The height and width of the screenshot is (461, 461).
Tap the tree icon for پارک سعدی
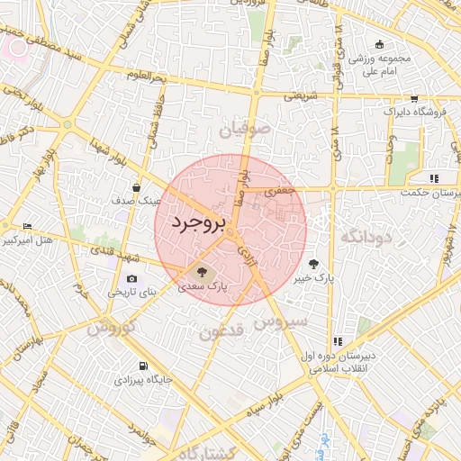[201, 269]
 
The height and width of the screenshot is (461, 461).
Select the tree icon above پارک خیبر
[313, 264]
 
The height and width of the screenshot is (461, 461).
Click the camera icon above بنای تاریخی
[132, 279]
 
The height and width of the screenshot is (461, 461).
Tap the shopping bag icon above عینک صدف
[135, 187]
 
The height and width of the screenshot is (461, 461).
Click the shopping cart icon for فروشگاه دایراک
[413, 98]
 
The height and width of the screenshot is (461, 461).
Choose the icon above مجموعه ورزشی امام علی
[379, 45]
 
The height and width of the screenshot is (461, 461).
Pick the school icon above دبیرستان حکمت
[434, 178]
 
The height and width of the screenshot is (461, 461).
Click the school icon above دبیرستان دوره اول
[338, 341]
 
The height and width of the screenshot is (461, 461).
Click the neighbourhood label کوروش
[111, 328]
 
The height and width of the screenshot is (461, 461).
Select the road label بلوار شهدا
[107, 152]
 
